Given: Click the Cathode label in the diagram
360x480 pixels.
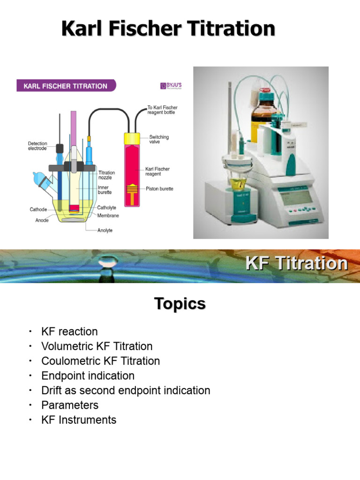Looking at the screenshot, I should [x=38, y=210].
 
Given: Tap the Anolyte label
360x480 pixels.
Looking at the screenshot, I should [x=105, y=230].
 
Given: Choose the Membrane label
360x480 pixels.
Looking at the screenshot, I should [x=108, y=215].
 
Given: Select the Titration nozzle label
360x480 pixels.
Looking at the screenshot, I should [x=106, y=175].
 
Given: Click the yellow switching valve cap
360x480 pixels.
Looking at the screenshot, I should [x=132, y=139].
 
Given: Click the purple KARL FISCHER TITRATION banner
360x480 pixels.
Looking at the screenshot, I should [x=66, y=86].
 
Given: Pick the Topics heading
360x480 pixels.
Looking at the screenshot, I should [x=180, y=304].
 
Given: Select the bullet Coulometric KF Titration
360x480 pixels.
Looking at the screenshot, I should [x=100, y=361].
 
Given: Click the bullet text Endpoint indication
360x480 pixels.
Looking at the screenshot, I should [x=88, y=375].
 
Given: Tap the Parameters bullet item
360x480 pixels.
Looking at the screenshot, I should [x=70, y=405].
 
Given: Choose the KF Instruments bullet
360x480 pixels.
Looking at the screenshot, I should [x=79, y=420].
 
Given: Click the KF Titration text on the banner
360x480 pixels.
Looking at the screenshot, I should [x=296, y=263].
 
